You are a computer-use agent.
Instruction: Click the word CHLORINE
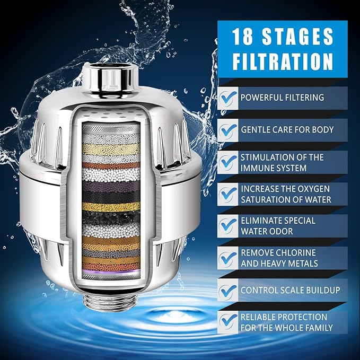(297, 252)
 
